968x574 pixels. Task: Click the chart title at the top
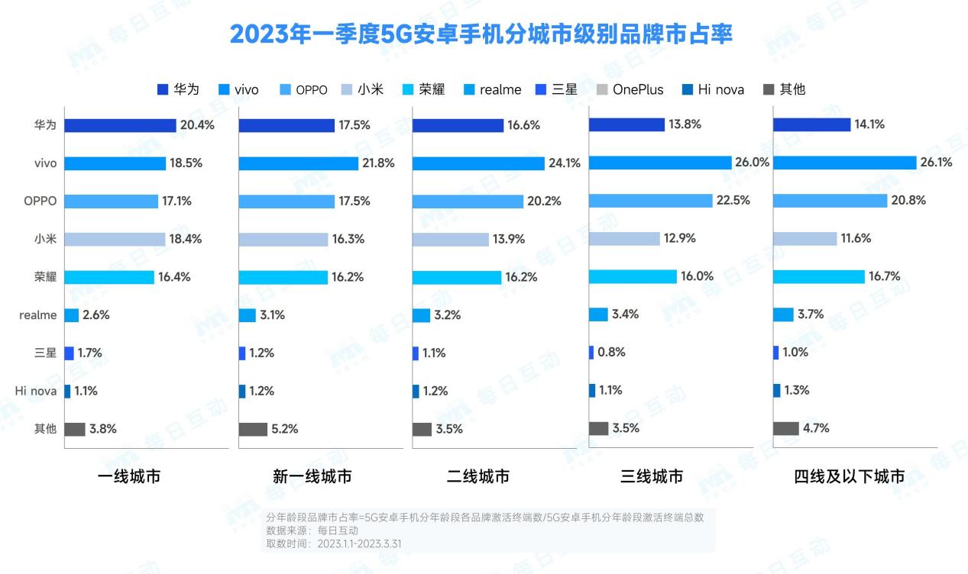[481, 34]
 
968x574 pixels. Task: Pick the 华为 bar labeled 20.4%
[120, 125]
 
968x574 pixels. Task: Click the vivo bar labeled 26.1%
[844, 163]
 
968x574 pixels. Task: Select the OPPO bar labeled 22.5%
[650, 200]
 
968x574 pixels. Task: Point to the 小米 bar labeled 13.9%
[450, 239]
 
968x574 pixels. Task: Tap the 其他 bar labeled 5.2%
[253, 429]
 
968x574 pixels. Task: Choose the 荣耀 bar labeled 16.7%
[818, 276]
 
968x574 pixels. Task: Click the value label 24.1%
[564, 163]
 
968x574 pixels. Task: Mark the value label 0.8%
[612, 352]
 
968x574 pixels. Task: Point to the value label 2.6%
[96, 314]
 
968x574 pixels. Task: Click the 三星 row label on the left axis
[45, 353]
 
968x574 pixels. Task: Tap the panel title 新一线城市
[312, 477]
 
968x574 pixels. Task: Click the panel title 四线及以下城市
[849, 477]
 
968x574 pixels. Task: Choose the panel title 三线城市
[652, 477]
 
